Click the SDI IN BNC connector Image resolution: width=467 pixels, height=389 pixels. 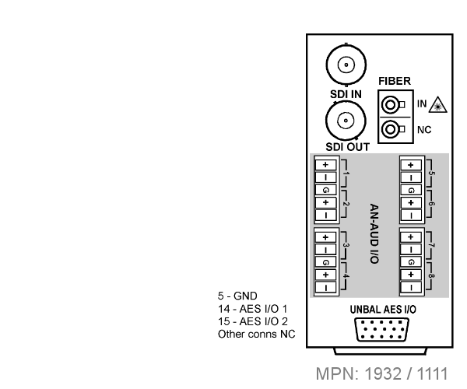[346, 65]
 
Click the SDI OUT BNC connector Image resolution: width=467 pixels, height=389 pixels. [346, 121]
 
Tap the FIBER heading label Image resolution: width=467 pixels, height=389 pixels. [395, 81]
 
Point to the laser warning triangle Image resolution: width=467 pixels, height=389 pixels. [437, 105]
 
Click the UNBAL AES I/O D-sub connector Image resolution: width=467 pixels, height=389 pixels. [382, 329]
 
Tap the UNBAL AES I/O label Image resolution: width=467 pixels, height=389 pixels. [383, 310]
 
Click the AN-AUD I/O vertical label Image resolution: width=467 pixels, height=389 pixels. [374, 233]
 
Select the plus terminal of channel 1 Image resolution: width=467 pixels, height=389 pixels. [325, 165]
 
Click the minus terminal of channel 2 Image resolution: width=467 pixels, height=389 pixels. [325, 216]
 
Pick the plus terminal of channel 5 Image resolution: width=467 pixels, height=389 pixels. [411, 165]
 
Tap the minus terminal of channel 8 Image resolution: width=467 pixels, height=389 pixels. [411, 287]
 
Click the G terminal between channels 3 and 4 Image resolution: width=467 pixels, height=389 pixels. [325, 262]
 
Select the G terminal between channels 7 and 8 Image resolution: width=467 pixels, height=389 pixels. [411, 262]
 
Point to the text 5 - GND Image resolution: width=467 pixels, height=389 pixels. [237, 296]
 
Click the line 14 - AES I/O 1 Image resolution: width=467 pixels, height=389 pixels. [252, 309]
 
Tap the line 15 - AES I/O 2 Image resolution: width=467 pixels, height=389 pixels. [253, 321]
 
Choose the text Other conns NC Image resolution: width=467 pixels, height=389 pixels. [256, 334]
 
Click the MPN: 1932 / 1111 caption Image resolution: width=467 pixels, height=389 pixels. [382, 373]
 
